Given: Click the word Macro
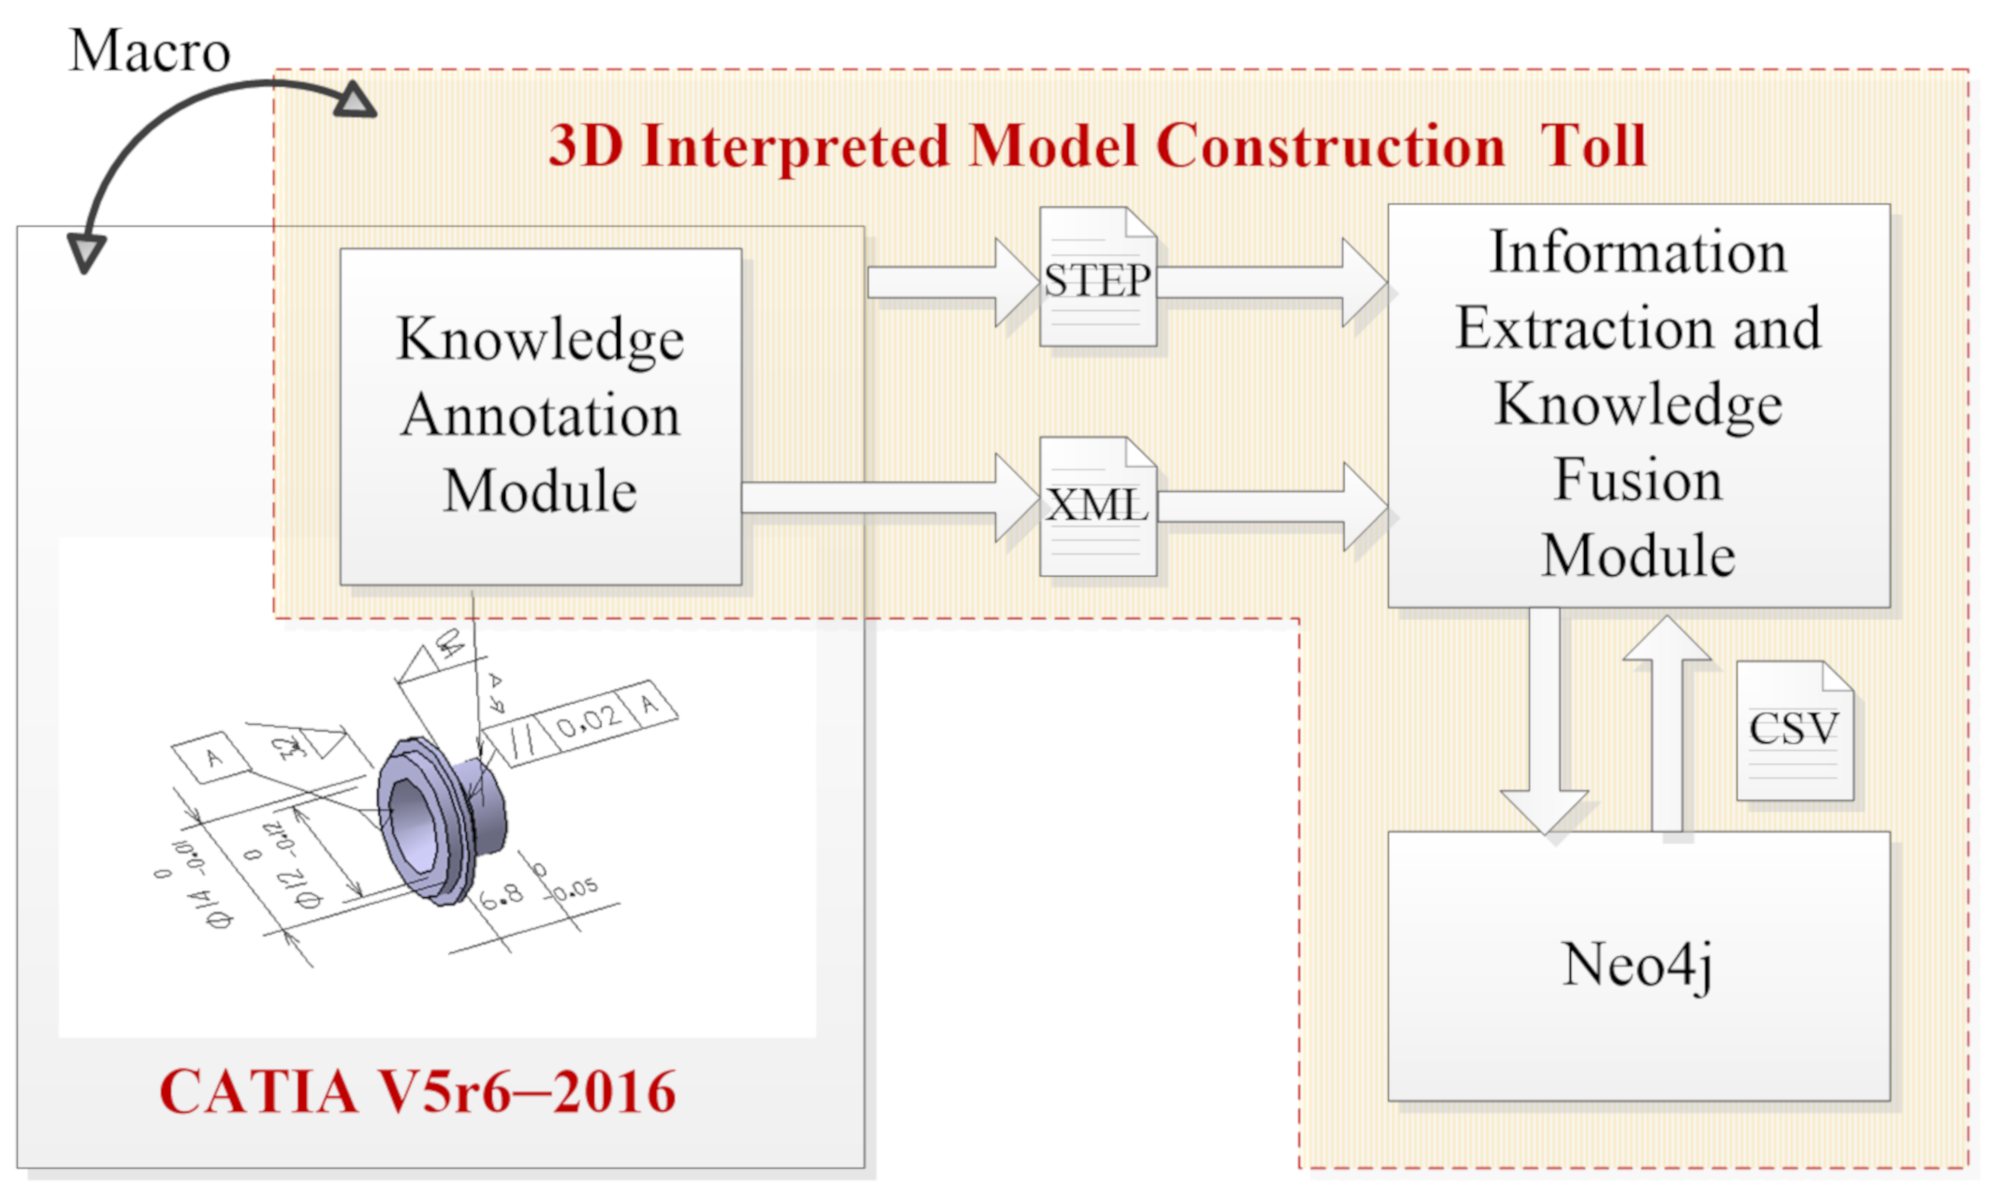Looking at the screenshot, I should click(150, 50).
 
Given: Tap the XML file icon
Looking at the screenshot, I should click(1097, 506).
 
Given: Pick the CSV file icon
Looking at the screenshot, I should click(1793, 730).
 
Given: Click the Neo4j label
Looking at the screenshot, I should click(1637, 965).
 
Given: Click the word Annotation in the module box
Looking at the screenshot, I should click(540, 416).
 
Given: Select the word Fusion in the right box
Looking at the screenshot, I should click(1638, 480).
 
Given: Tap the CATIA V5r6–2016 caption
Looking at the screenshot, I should click(417, 1091).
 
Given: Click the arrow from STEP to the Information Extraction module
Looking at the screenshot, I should click(1272, 282).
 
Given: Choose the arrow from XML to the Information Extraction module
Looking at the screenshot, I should click(1272, 506).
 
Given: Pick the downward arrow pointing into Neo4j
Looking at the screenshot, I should click(1544, 722).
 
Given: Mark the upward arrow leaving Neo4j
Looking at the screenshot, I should click(1667, 722).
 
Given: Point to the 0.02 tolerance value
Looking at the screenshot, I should click(590, 721).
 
